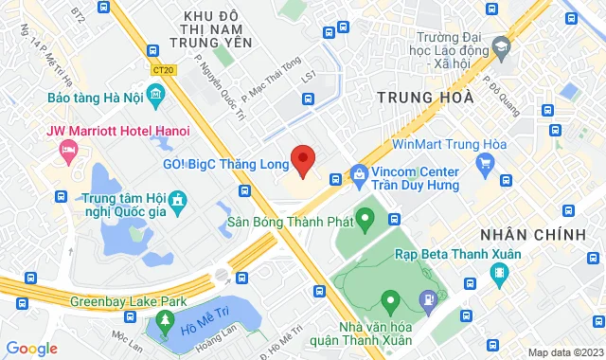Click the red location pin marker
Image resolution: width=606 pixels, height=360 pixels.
302,160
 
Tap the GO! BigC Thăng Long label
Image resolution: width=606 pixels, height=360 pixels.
225,164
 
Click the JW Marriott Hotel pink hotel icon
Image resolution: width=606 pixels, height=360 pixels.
67,149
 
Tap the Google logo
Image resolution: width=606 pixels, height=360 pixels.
31,348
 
